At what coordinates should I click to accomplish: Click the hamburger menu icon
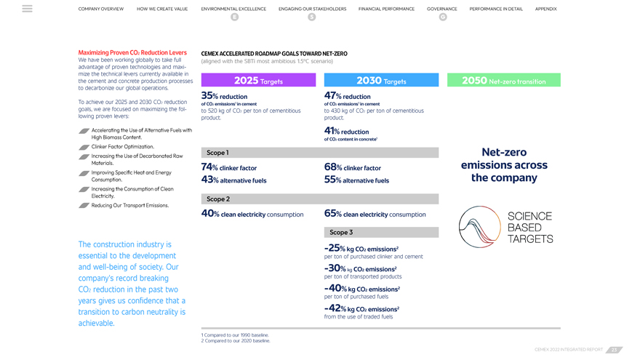click(27, 9)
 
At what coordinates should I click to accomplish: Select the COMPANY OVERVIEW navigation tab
click(101, 9)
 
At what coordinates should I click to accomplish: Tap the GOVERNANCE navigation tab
click(442, 9)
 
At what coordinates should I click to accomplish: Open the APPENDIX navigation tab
click(545, 9)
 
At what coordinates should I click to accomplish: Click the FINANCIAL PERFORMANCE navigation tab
click(386, 9)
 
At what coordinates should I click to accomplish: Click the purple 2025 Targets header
click(258, 81)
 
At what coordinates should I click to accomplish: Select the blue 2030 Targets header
click(381, 81)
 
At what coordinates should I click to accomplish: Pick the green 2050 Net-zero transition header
click(503, 81)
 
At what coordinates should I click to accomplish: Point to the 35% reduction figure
click(224, 96)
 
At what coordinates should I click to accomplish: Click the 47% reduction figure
click(347, 96)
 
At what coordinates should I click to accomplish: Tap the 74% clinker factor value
click(228, 167)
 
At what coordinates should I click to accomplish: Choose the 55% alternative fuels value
click(356, 180)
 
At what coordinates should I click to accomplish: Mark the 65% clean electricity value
click(375, 214)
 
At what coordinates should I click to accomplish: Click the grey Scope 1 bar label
click(217, 153)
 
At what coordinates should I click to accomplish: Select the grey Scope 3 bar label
click(340, 233)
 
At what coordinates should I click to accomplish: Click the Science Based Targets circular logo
click(479, 227)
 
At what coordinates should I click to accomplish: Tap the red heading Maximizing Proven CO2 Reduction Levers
click(132, 52)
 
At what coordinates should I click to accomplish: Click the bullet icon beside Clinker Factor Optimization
click(84, 147)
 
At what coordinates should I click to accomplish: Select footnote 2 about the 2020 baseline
click(235, 341)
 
